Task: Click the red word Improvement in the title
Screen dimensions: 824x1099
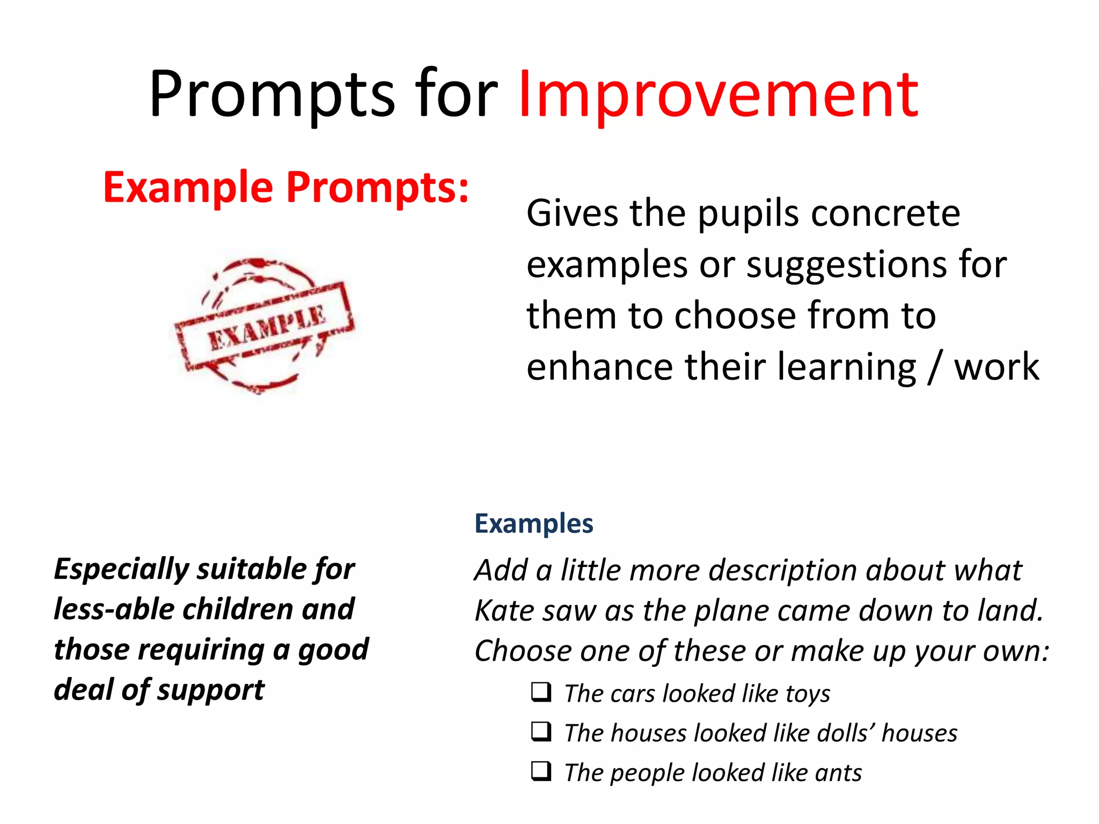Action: coord(718,95)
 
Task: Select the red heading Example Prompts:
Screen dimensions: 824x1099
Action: coord(286,188)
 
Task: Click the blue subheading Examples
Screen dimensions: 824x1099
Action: coord(533,524)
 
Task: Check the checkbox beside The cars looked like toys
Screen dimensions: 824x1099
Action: coord(541,692)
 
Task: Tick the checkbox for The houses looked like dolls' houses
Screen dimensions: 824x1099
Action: coord(541,732)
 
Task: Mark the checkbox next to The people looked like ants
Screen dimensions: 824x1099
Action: coord(541,771)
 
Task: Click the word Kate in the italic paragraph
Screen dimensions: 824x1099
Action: coord(505,610)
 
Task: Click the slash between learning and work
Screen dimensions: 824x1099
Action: coord(935,367)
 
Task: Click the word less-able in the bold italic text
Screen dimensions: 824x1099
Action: coord(114,609)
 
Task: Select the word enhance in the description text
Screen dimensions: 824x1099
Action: coord(599,367)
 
